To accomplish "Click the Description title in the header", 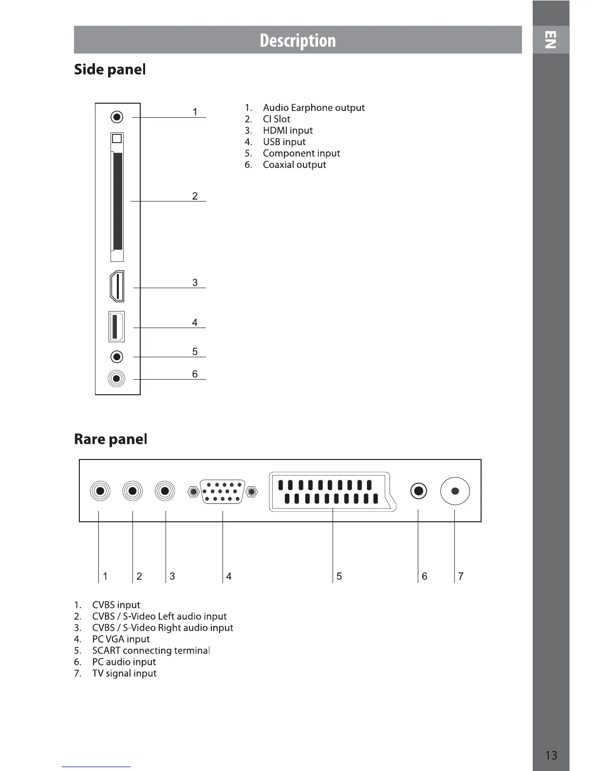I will (298, 40).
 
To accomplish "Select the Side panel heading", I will (110, 70).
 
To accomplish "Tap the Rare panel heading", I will (111, 439).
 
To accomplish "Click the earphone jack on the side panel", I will (117, 117).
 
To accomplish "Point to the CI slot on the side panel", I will (117, 201).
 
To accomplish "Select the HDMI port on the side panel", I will (117, 287).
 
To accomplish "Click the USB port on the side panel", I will (116, 327).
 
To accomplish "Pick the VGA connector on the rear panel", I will (223, 492).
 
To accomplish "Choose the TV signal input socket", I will (455, 491).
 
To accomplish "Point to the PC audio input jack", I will (418, 491).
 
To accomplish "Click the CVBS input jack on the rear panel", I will (100, 491).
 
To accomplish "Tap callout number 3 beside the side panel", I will (195, 282).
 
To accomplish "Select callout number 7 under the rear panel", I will (461, 576).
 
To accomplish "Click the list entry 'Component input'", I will (301, 153).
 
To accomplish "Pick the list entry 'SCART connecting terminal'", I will (150, 651).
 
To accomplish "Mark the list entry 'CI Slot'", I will (276, 119).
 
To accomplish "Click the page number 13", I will (551, 755).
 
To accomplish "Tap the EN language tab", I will (550, 40).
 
